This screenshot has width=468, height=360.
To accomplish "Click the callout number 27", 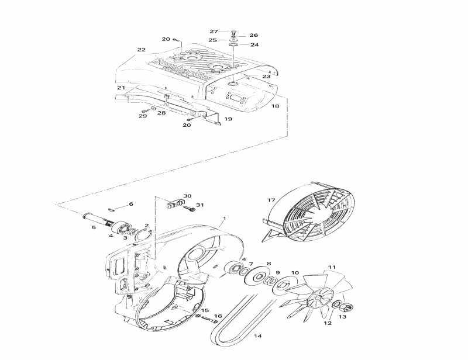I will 214,31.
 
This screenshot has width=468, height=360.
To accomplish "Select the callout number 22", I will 141,50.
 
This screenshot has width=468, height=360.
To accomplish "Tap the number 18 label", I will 275,106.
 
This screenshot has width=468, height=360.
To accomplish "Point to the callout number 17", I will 271,200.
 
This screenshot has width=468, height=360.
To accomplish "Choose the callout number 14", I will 257,336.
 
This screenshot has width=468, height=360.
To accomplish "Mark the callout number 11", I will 332,268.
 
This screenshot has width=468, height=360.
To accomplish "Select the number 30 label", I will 187,196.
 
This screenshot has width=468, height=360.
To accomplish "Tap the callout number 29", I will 142,116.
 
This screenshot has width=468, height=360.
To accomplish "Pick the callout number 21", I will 121,88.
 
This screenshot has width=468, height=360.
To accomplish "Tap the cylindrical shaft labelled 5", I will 102,220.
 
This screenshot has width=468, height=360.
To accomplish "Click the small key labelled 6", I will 114,206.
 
